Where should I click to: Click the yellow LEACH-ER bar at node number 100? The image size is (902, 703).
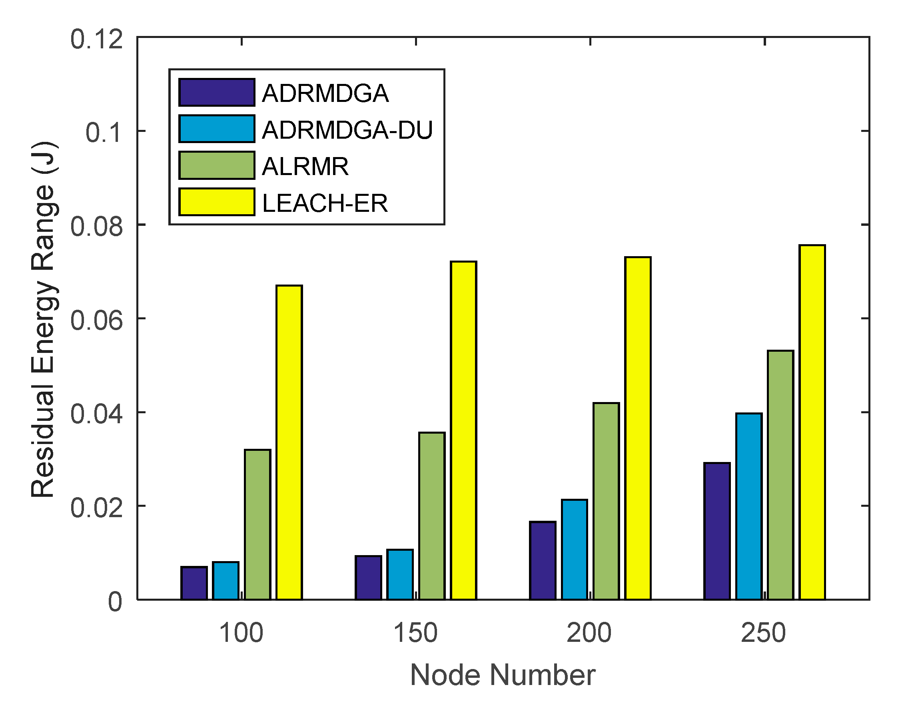point(289,442)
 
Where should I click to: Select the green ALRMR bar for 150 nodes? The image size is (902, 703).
point(432,516)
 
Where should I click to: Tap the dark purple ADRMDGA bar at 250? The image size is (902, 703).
point(717,531)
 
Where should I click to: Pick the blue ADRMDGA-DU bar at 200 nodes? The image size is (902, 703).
point(575,550)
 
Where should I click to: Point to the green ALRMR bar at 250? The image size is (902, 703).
point(780,475)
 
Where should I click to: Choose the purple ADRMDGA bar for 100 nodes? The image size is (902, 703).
point(194,583)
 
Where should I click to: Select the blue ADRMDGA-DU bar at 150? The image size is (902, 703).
point(400,574)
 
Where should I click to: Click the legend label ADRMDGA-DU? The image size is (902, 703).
point(347,129)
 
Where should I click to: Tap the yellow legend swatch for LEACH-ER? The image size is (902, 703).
point(216,202)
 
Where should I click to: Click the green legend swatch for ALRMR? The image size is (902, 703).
point(216,165)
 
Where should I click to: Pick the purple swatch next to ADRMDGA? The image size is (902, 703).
point(216,92)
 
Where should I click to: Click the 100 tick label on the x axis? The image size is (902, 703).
point(241,633)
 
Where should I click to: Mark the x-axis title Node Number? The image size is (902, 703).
point(503,675)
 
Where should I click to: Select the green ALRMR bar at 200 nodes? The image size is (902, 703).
point(606,501)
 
